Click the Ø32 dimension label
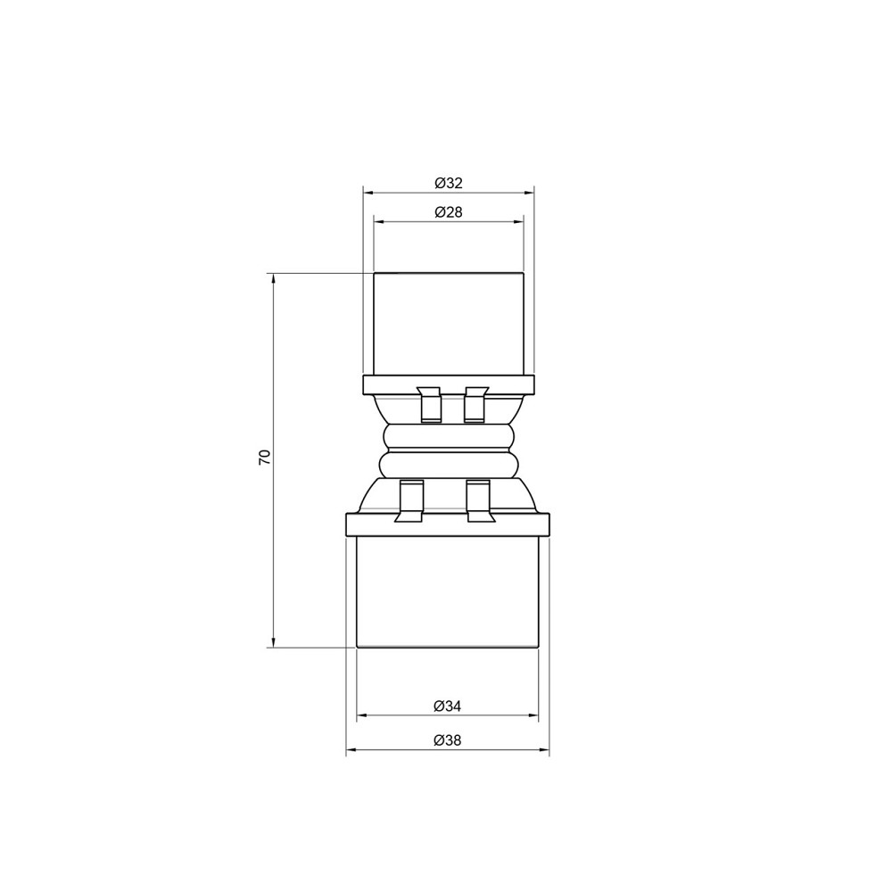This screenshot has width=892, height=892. tap(448, 183)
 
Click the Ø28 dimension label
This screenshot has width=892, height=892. tap(448, 212)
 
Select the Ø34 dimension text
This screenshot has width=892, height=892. tap(448, 706)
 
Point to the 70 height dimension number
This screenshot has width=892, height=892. tap(264, 458)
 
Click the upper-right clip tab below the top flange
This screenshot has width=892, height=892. tap(475, 405)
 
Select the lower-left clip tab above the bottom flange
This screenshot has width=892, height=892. tap(410, 502)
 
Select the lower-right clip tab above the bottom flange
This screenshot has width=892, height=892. tap(479, 502)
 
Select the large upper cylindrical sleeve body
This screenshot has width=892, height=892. tap(448, 323)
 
